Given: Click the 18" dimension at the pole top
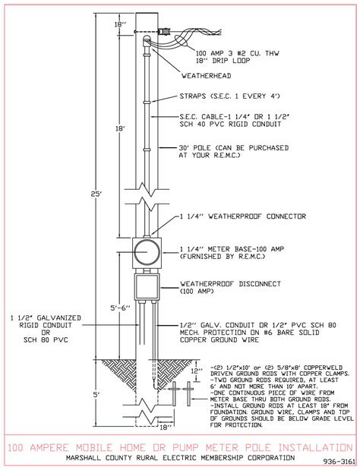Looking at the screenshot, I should click(120, 25).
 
